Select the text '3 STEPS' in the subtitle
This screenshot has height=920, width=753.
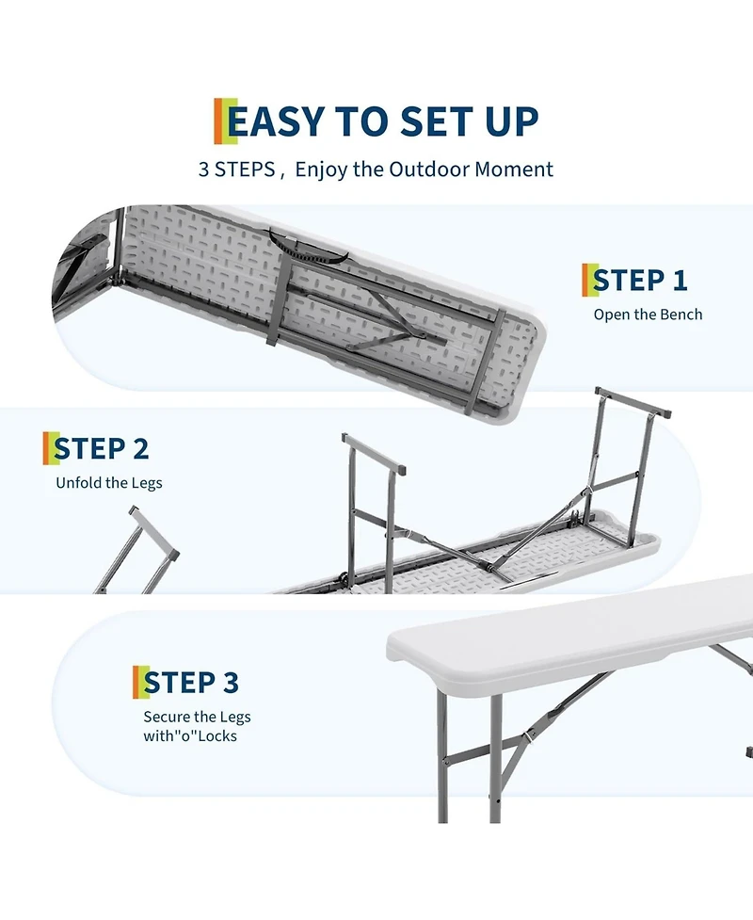pos(235,170)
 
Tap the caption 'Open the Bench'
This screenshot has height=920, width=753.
pos(648,315)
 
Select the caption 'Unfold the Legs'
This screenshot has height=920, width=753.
pos(108,483)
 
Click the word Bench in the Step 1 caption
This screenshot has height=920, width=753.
pos(681,315)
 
